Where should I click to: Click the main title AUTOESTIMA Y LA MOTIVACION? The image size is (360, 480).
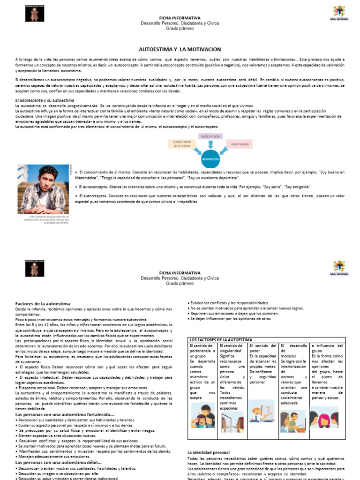pos(180,49)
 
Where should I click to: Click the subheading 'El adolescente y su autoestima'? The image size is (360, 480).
pos(45,101)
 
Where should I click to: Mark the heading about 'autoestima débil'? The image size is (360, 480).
pos(59,463)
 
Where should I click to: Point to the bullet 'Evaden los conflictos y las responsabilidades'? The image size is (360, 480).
pos(229,303)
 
